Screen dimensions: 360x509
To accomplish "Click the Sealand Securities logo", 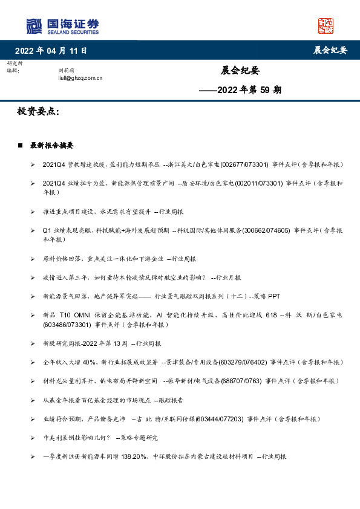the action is (x=62, y=26).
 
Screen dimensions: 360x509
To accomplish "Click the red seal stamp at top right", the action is (x=326, y=26).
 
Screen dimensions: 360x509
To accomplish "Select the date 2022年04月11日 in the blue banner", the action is (x=51, y=50).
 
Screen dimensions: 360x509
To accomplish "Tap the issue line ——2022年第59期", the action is (x=240, y=90).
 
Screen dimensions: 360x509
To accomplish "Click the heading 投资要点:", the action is (x=39, y=112).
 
